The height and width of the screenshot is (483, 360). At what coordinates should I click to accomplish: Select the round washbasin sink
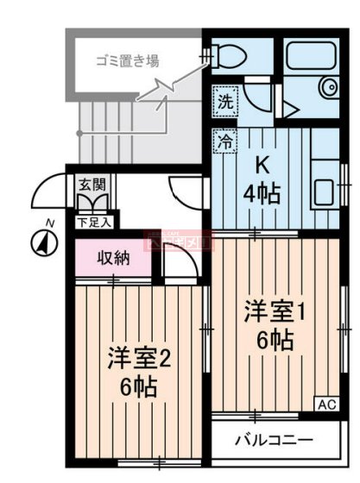tap(329, 88)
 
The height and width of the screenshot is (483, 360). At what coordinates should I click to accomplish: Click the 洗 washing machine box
tap(224, 100)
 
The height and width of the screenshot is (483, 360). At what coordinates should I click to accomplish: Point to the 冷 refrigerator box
tap(224, 141)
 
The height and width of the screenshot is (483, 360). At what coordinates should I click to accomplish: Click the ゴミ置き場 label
tap(127, 61)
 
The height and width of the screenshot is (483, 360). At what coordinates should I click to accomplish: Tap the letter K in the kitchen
tap(259, 165)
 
